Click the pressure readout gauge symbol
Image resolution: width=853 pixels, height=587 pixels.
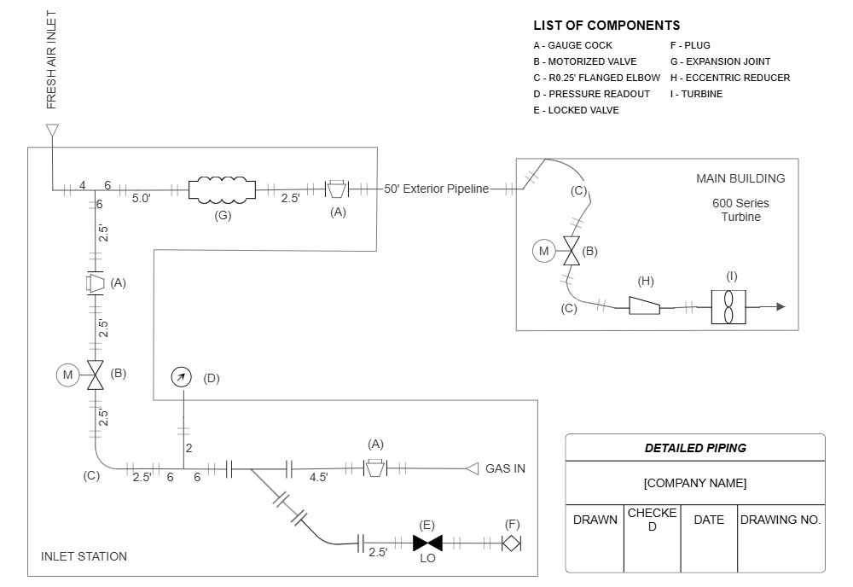(x=181, y=378)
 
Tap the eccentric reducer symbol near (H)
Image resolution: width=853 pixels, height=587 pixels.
(x=644, y=305)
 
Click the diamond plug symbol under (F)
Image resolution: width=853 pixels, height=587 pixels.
(x=511, y=543)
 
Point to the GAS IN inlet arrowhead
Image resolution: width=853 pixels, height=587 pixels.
(x=472, y=468)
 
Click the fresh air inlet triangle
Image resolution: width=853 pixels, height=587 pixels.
(x=52, y=131)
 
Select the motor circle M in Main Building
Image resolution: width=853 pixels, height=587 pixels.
(x=543, y=251)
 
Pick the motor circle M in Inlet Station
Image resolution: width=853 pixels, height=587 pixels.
(x=67, y=374)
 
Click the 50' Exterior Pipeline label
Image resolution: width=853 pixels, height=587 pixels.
(x=437, y=189)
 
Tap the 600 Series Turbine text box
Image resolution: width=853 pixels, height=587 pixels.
(x=740, y=210)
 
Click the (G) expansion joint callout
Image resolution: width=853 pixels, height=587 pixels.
(x=223, y=215)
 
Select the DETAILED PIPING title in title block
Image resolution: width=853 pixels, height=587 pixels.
(x=694, y=448)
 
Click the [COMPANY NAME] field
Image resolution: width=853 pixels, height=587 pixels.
(x=694, y=483)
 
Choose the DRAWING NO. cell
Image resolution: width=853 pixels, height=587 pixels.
(x=780, y=520)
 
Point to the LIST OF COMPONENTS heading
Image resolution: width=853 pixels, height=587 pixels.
(x=606, y=26)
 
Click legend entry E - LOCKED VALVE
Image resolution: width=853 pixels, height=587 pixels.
(x=576, y=110)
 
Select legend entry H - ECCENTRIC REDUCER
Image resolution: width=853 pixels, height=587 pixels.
(x=729, y=78)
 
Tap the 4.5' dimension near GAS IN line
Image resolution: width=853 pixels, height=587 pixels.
(x=318, y=478)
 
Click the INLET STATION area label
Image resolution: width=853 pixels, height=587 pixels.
(x=84, y=556)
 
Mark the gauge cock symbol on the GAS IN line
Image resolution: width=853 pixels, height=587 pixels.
(x=374, y=468)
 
